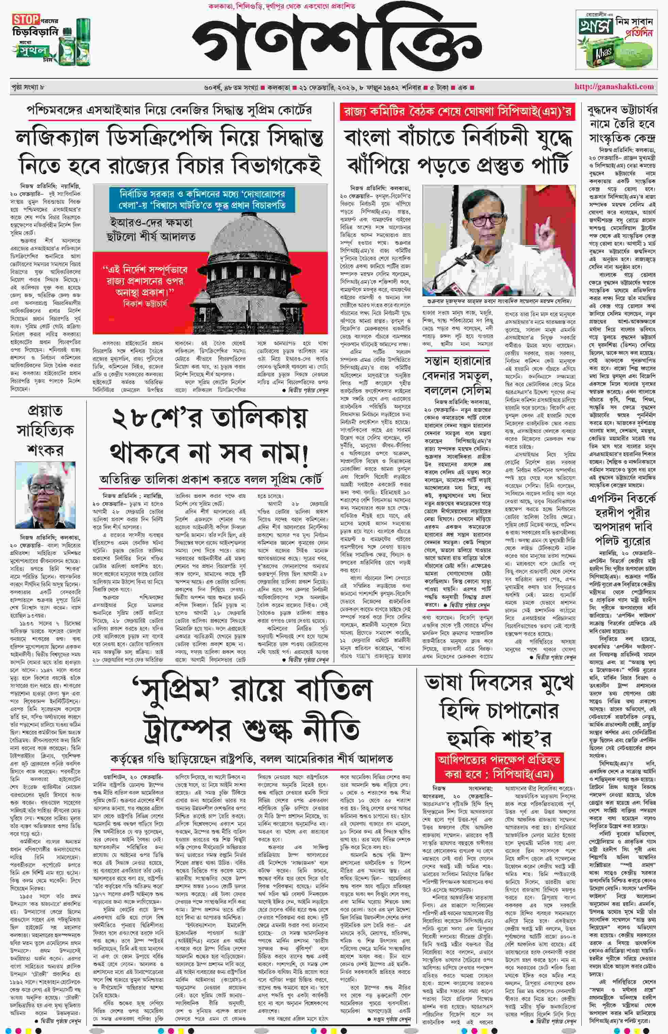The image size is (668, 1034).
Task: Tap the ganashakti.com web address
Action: tap(614, 86)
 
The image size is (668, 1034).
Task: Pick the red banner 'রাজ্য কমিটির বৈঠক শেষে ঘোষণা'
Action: tap(457, 112)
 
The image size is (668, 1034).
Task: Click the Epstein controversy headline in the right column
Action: tap(622, 520)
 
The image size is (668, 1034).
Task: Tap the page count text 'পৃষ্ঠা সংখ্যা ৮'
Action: tap(28, 87)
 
